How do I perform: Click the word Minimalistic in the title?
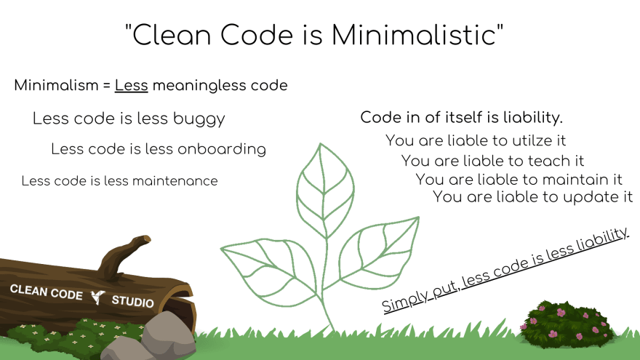(414, 35)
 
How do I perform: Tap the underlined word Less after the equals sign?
(131, 85)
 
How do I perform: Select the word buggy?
(199, 119)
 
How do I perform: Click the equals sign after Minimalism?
(106, 86)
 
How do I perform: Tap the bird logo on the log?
(97, 297)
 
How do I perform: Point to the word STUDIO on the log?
(132, 301)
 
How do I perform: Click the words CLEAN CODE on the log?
(46, 292)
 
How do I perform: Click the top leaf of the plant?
(325, 191)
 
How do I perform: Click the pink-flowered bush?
(566, 324)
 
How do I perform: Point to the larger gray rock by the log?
(168, 332)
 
